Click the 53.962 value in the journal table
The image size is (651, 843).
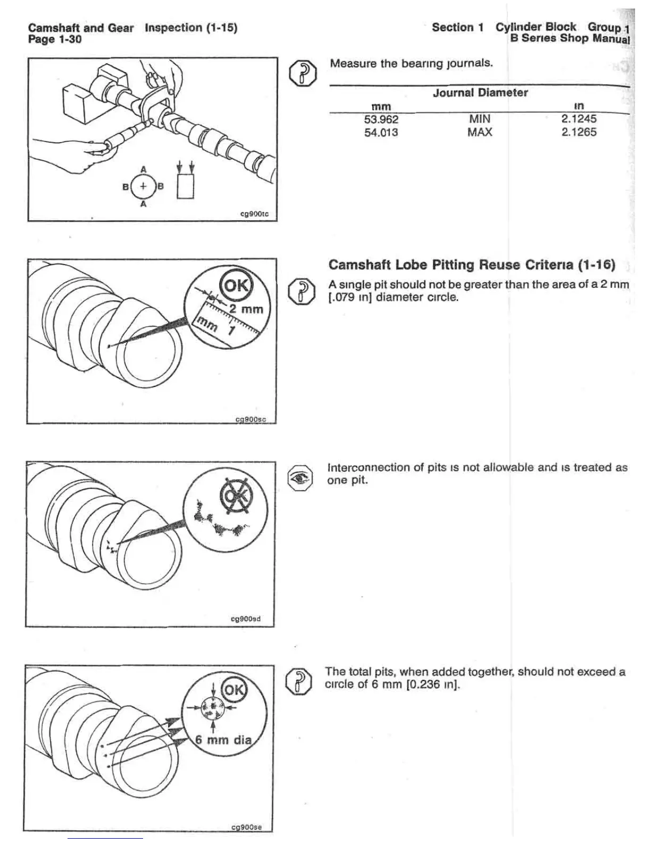point(381,119)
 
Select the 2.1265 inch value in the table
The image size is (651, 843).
point(579,132)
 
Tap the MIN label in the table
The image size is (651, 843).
point(479,119)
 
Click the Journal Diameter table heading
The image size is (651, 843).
point(480,93)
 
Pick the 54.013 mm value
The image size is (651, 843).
point(381,132)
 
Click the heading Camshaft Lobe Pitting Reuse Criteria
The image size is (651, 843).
point(472,265)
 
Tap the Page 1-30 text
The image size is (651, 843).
point(55,39)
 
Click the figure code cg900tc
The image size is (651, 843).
point(255,214)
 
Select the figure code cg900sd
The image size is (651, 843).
point(245,619)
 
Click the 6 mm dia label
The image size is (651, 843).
point(223,739)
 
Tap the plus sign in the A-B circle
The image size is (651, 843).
point(143,186)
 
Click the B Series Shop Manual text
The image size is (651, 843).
point(570,39)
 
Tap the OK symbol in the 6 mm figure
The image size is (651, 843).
point(233,690)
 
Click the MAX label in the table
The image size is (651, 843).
point(479,132)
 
